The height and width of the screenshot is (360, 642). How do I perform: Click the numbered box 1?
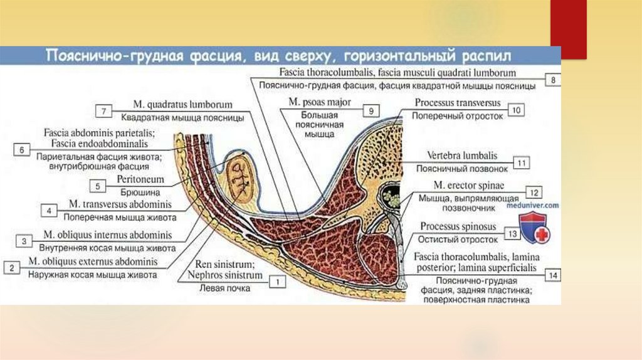click(x=275, y=283)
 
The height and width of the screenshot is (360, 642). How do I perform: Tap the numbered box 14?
click(x=552, y=275)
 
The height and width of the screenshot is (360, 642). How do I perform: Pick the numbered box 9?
click(x=371, y=111)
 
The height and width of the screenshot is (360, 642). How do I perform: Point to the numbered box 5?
click(x=98, y=186)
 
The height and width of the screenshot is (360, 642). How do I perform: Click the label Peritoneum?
click(x=140, y=179)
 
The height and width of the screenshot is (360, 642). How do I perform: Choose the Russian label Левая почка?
click(x=224, y=289)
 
